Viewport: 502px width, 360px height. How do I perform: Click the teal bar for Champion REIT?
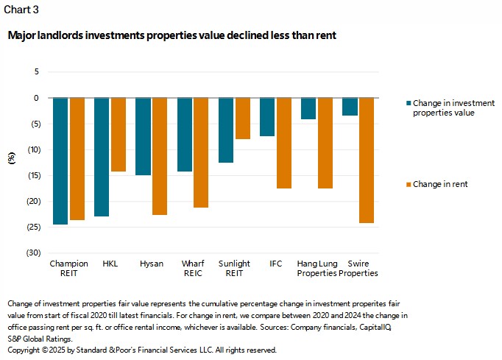pos(60,160)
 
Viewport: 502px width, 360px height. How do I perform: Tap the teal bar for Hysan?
pos(143,136)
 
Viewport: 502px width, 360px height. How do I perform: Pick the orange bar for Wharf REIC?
pos(201,152)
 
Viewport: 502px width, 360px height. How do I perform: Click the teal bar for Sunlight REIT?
pos(226,130)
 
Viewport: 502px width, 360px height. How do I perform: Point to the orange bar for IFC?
pos(283,143)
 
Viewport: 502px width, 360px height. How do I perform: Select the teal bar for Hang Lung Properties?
pos(308,108)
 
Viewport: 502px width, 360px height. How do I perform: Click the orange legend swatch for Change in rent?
pos(407,184)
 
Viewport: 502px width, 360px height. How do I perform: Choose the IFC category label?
pos(275,264)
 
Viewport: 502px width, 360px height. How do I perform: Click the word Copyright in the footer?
pos(24,350)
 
